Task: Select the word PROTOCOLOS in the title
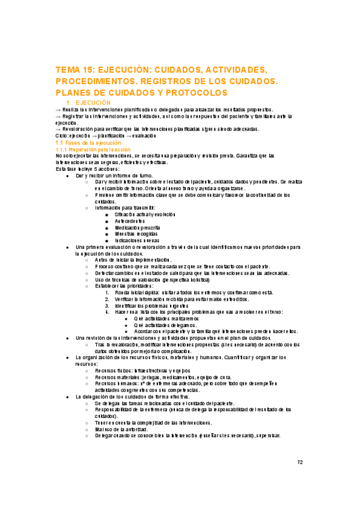tap(197, 93)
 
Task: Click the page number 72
tap(300, 462)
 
